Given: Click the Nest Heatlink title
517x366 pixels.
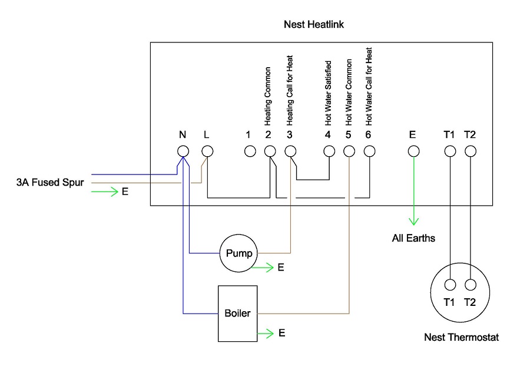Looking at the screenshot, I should tap(314, 25).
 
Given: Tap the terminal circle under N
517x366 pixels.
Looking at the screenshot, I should tap(183, 151).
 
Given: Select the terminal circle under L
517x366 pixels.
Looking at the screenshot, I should tap(207, 151).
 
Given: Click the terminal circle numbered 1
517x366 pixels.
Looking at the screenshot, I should tap(250, 151).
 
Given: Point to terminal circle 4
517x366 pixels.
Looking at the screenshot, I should tap(329, 151).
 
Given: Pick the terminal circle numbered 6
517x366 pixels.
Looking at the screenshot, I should tap(369, 151).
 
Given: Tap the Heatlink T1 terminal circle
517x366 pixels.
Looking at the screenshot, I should tap(450, 151).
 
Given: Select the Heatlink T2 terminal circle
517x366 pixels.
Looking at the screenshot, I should tap(470, 151).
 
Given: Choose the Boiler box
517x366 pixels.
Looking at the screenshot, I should tap(238, 314).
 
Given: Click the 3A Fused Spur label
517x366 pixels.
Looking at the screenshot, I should tap(50, 183).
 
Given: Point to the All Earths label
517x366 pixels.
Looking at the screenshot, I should tap(414, 239).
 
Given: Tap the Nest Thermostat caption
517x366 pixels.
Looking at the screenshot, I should tap(462, 338).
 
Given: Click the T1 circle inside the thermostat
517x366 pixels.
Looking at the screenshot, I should tap(450, 285).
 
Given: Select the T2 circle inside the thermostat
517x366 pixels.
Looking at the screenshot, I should tap(470, 285).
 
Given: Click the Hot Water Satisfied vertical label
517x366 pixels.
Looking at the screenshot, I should tap(329, 93).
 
